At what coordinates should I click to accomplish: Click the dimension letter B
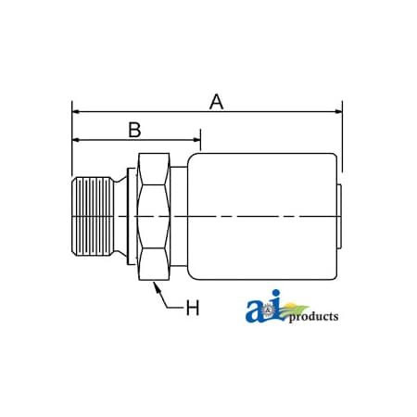pyautogui.click(x=133, y=130)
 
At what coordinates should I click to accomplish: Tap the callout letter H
pyautogui.click(x=192, y=308)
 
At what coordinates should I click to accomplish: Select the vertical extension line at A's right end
pyautogui.click(x=343, y=139)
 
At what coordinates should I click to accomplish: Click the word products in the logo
pyautogui.click(x=313, y=318)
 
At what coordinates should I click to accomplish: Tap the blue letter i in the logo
pyautogui.click(x=272, y=312)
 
